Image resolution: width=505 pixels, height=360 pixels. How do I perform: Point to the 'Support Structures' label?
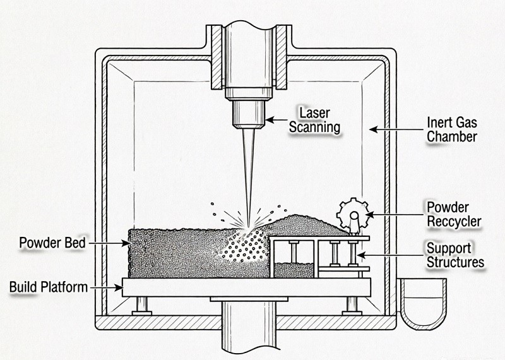pyautogui.click(x=454, y=255)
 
